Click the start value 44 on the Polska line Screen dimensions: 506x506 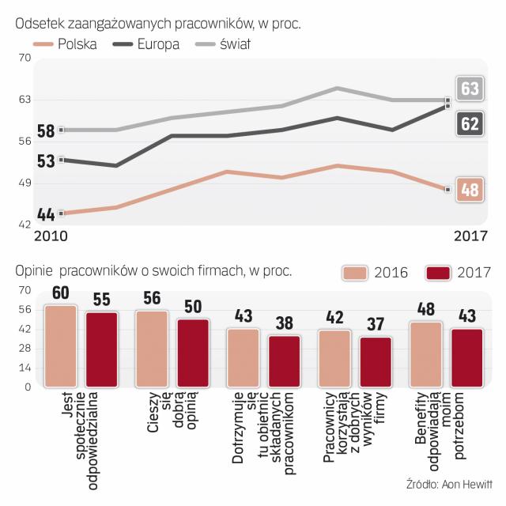pos(45,214)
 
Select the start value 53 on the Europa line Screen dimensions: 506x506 pos(45,161)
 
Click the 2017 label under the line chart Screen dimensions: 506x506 pos(471,236)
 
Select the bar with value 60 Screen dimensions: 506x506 pos(61,346)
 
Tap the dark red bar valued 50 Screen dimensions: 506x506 pos(192,353)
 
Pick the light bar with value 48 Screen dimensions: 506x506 pos(427,354)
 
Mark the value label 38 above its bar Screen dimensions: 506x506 pos(284,323)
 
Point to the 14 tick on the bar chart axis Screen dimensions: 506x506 pos(24,368)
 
